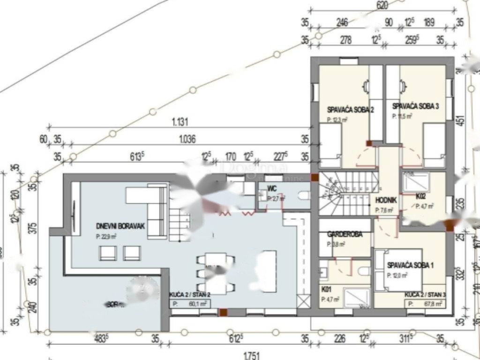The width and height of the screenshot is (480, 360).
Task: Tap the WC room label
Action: pyautogui.click(x=272, y=188)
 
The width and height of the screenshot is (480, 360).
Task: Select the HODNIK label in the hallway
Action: pyautogui.click(x=386, y=200)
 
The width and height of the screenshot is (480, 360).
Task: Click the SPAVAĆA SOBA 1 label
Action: pyautogui.click(x=410, y=265)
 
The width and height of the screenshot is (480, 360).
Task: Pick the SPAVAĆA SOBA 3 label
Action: pyautogui.click(x=415, y=106)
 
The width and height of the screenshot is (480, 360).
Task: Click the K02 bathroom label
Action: pyautogui.click(x=420, y=197)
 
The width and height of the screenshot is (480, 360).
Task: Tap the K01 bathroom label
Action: pyautogui.click(x=326, y=288)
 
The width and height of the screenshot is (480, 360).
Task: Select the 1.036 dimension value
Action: pyautogui.click(x=187, y=139)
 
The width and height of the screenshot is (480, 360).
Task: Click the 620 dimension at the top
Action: pyautogui.click(x=382, y=6)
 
